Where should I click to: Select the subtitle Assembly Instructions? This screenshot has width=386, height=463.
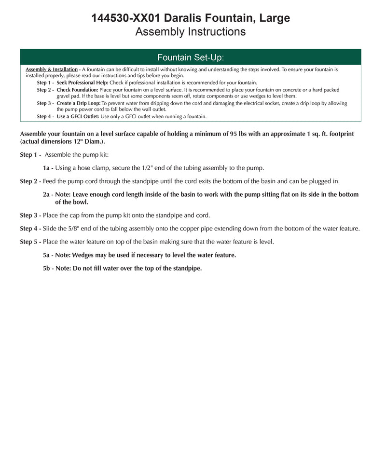click(191, 32)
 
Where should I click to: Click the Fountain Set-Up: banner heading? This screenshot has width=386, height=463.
click(191, 58)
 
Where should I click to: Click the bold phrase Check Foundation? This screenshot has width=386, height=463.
click(77, 90)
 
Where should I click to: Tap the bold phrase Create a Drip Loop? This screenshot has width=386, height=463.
click(79, 103)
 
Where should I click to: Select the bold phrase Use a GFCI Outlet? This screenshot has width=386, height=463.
click(78, 116)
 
